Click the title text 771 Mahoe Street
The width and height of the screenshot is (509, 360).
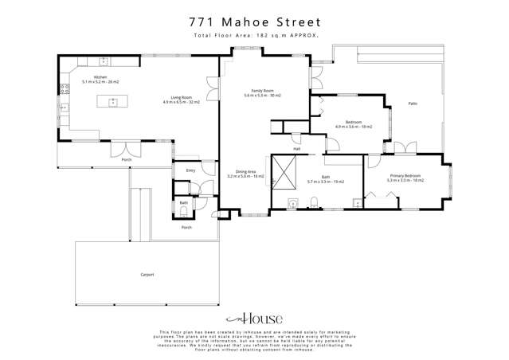pyautogui.click(x=254, y=22)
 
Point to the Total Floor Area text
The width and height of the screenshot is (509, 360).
pyautogui.click(x=254, y=36)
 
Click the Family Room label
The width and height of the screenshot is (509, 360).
pyautogui.click(x=263, y=93)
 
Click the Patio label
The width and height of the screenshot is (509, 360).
pyautogui.click(x=413, y=104)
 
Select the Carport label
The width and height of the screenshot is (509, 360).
pyautogui.click(x=147, y=274)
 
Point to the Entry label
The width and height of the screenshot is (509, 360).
pyautogui.click(x=190, y=170)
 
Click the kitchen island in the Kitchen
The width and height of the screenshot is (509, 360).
pyautogui.click(x=113, y=101)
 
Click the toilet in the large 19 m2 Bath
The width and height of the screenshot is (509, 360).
pyautogui.click(x=315, y=202)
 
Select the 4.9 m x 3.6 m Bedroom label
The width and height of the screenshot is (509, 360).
pyautogui.click(x=354, y=125)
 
